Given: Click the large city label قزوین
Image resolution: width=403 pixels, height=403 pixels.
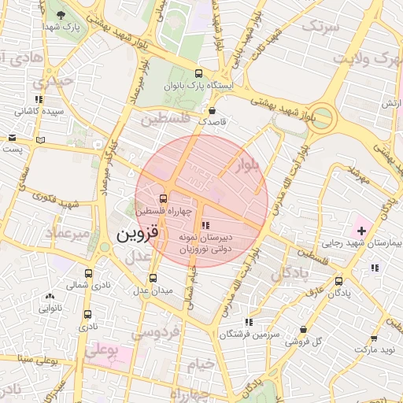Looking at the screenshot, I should coord(138,234).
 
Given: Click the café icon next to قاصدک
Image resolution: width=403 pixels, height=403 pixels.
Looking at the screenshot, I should coord(214,111).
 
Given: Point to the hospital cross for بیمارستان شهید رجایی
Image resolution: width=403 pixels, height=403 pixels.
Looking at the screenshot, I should coord(361,231).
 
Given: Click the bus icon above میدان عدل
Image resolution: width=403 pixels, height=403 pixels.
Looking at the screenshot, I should coord(153,278).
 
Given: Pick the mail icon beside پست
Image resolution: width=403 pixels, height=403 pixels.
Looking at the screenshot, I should coord(12,137).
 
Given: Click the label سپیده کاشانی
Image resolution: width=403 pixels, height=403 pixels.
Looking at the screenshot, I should coord(39,113).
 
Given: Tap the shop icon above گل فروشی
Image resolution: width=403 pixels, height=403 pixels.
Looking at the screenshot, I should coord(305,330).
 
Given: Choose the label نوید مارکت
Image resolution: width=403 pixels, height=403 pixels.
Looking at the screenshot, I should coord(375,347).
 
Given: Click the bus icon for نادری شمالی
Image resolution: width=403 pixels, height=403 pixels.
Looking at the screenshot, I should coord(87,275).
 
